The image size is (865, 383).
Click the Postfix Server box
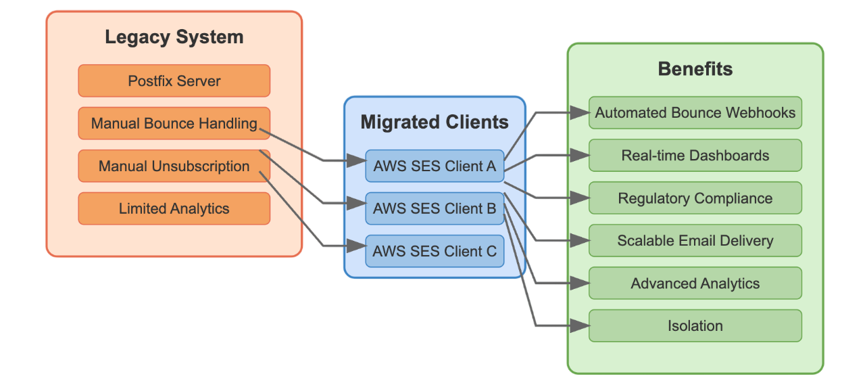tap(174, 81)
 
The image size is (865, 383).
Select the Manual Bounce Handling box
tap(174, 124)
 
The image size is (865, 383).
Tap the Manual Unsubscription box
tap(174, 166)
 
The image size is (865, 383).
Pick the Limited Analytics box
tap(174, 209)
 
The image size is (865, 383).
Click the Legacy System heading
tap(174, 37)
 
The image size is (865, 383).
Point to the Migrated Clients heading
tap(435, 122)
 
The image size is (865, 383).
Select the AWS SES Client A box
tap(435, 166)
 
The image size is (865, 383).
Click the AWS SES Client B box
tap(435, 208)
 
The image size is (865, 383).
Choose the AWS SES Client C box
tap(435, 251)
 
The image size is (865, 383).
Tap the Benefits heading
tap(695, 69)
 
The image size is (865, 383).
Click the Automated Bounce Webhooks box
tap(695, 113)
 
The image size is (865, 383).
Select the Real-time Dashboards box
tap(695, 156)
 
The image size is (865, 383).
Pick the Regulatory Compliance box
tap(695, 198)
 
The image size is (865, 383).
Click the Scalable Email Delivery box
tap(695, 241)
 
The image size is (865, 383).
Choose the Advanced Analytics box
tap(695, 284)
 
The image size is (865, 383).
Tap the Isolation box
tap(695, 326)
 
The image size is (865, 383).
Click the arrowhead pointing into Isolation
tap(580, 326)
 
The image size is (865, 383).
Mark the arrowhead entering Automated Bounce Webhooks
tap(580, 113)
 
